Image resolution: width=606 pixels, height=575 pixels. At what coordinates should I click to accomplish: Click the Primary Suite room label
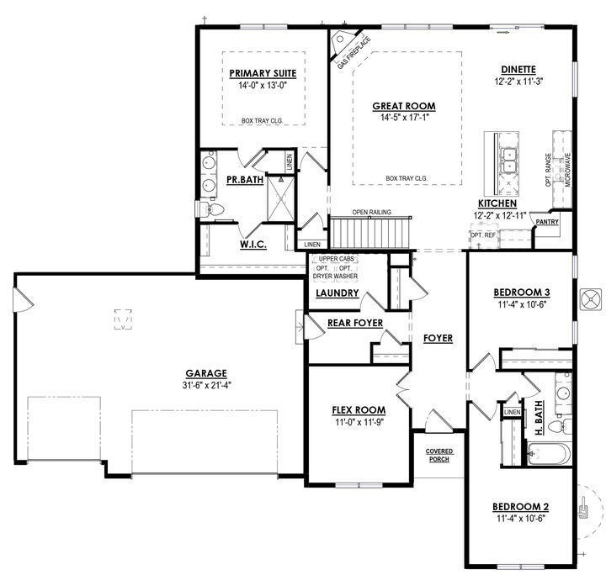(263, 73)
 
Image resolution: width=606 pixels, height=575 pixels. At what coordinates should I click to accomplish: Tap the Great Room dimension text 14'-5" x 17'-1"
(404, 118)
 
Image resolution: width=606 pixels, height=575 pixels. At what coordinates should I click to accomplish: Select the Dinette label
(518, 70)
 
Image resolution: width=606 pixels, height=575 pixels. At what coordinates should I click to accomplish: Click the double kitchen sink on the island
(509, 161)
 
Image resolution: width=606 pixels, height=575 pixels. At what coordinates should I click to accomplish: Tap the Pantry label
(547, 222)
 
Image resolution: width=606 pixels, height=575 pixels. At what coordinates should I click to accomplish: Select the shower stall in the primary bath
(281, 198)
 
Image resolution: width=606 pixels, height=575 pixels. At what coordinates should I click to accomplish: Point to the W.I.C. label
(253, 245)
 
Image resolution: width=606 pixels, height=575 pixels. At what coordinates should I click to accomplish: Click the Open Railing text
(371, 212)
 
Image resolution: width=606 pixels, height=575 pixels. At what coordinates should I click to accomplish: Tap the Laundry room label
(338, 293)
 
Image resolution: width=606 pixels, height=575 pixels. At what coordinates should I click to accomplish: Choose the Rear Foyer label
(355, 323)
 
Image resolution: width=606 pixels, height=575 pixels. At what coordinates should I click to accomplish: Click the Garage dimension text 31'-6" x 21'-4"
(206, 385)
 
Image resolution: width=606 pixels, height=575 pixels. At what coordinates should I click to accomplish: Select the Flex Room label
(359, 410)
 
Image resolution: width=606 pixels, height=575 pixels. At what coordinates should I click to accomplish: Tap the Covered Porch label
(439, 455)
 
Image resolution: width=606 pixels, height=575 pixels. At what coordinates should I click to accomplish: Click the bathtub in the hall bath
(549, 454)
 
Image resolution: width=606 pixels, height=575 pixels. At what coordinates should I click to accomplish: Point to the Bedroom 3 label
(522, 293)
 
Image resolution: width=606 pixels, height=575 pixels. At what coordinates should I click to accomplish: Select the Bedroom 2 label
(521, 507)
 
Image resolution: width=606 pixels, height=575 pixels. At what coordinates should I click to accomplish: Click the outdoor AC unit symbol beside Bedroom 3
(591, 299)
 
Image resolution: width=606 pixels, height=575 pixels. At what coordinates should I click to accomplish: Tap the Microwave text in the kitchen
(568, 170)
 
